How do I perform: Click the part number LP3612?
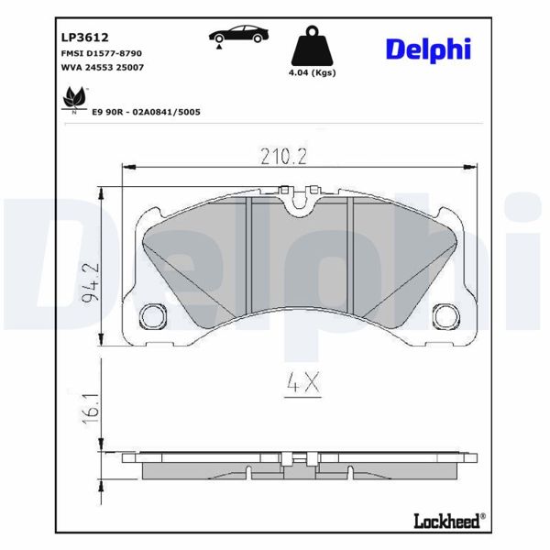85,38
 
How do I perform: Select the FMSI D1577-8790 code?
100,55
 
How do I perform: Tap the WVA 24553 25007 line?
101,69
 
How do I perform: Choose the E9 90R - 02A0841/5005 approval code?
147,111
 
